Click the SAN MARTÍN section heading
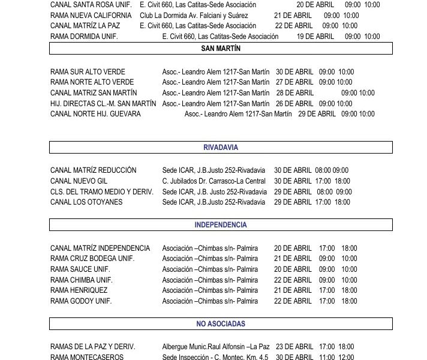click(x=220, y=49)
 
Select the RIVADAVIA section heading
click(x=220, y=147)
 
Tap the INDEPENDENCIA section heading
click(x=220, y=225)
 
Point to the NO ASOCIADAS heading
click(x=220, y=324)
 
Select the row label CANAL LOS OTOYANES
click(x=86, y=202)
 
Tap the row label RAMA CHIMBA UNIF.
click(x=80, y=280)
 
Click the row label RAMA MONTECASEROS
click(x=87, y=357)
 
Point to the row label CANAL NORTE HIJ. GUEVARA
click(x=95, y=114)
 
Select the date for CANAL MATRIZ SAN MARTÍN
click(x=294, y=93)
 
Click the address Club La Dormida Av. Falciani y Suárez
click(x=194, y=15)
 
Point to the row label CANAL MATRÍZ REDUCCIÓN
click(x=94, y=170)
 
